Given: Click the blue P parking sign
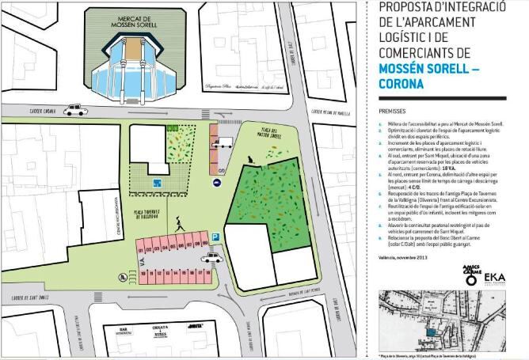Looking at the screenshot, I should click(215, 236).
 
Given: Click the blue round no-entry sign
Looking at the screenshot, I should click(217, 183).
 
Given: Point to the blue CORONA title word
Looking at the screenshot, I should click(405, 84).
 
